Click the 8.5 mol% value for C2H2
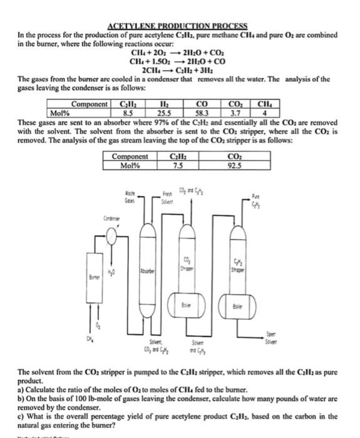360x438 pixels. (x=128, y=113)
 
